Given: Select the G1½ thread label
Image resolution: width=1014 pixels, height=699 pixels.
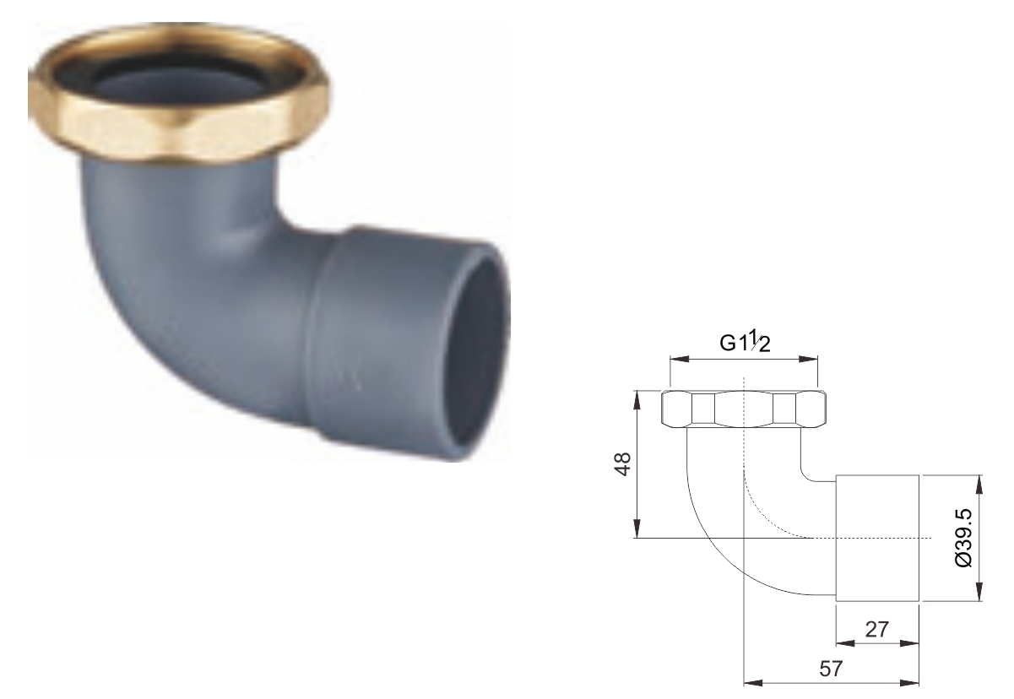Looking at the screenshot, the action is (x=745, y=343).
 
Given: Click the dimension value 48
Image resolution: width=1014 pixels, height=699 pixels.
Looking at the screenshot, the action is (x=623, y=464).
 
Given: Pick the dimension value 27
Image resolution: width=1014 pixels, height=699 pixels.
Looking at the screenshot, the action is (x=877, y=629).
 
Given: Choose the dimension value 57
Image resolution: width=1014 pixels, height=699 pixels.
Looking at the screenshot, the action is (x=831, y=669).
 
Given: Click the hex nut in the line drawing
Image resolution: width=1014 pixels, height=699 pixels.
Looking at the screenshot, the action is (x=744, y=409).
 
